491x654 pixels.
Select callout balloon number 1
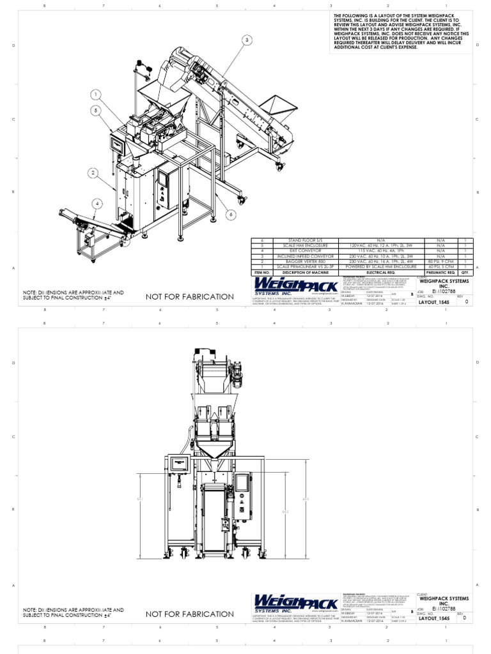[96, 95]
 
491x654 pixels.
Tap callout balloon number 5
[95, 110]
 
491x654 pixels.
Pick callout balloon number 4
[97, 204]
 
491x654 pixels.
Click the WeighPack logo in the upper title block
[288, 285]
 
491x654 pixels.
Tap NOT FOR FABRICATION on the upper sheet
[181, 297]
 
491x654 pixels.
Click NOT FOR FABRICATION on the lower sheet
[181, 614]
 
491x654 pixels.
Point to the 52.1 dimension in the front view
[139, 499]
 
